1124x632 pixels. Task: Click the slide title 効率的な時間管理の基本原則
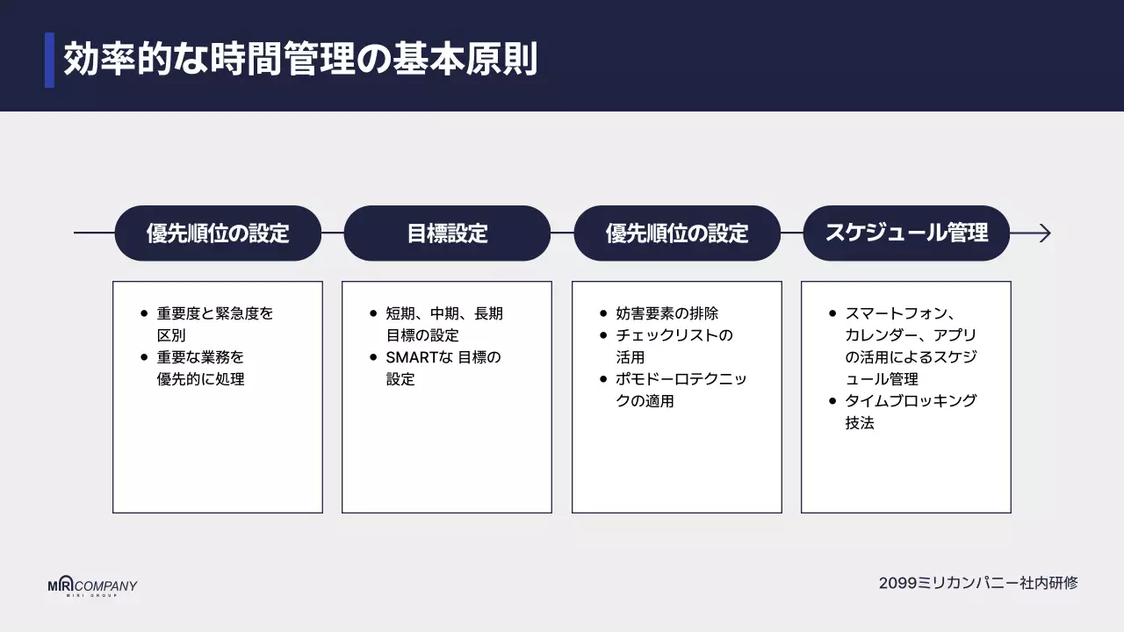(x=299, y=61)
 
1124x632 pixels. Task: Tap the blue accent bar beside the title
(x=49, y=61)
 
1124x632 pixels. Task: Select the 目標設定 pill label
(x=447, y=233)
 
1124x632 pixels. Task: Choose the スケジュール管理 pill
(x=906, y=233)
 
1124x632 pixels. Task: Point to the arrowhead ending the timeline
(x=1043, y=233)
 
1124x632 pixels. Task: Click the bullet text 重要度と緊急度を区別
(x=214, y=324)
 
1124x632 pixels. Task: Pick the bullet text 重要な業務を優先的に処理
(x=200, y=368)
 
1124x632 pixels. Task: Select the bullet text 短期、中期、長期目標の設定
(x=444, y=324)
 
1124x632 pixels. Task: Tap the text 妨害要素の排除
(x=666, y=313)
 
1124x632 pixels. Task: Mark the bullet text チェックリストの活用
(x=674, y=346)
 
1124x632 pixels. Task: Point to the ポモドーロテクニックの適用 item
(x=681, y=390)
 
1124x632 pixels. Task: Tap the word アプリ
(x=955, y=335)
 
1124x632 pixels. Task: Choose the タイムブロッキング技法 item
(x=911, y=412)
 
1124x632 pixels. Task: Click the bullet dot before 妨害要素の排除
(x=603, y=313)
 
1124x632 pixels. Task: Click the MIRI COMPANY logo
(x=92, y=587)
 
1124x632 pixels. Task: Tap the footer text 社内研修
(x=1049, y=583)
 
